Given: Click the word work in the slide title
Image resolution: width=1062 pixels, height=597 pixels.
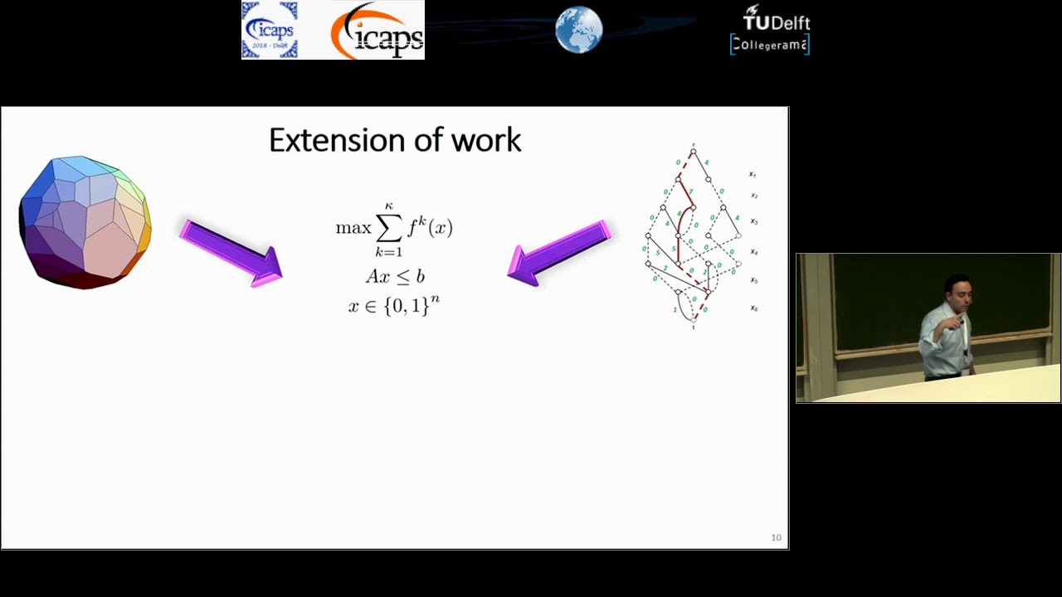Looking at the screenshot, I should coord(486,139).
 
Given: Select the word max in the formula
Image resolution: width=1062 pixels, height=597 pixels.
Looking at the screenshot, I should coord(353,228).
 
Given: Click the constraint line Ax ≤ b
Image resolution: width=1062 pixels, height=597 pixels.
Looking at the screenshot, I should coord(395,276).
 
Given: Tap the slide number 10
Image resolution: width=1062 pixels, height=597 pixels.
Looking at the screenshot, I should coord(776,537).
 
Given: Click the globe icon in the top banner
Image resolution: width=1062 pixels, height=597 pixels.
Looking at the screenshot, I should coord(578,31).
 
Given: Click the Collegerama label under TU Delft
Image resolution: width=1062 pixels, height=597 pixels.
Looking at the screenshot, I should coord(769,45).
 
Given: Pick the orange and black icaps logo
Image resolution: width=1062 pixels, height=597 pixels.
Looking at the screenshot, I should coord(377,32).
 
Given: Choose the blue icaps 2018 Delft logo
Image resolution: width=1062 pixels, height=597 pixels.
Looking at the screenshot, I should coord(269,31).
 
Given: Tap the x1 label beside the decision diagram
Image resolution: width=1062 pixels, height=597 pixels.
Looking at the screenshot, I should coord(753,174).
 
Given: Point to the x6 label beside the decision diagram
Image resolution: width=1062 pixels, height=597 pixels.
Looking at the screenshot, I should coord(753,308).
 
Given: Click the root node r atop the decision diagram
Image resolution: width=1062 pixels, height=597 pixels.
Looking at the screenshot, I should coord(694,150).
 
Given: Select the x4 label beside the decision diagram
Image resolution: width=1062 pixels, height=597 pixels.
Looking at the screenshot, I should coord(753,251).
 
